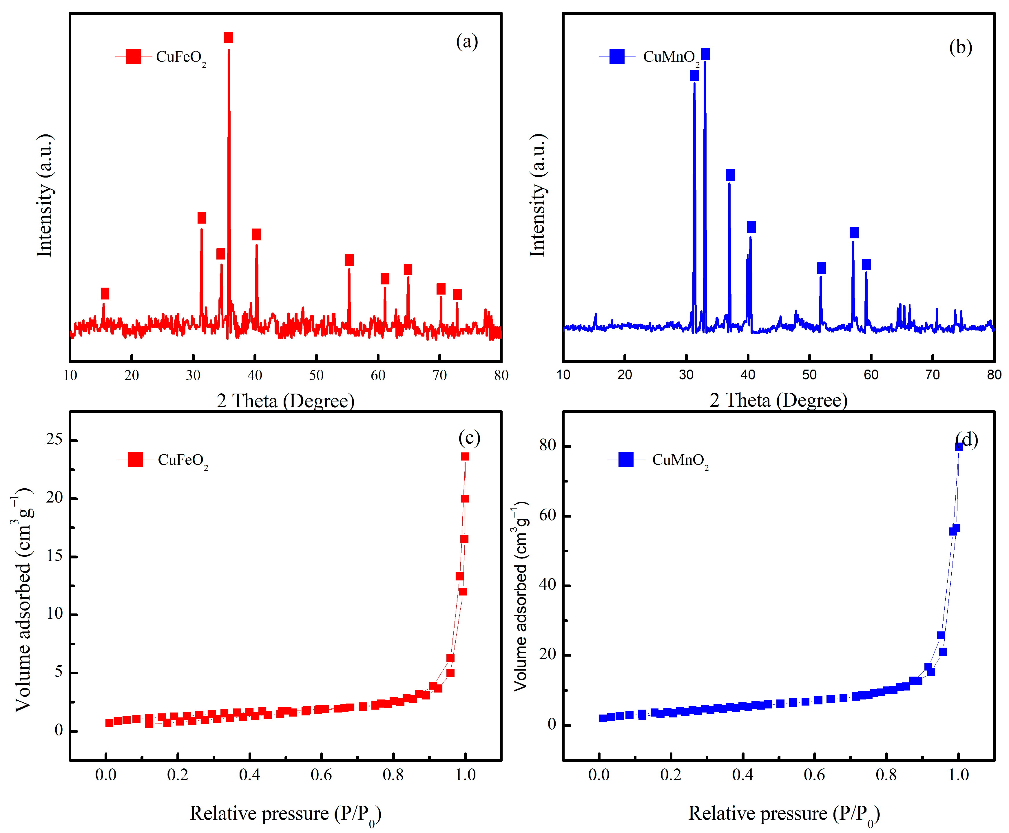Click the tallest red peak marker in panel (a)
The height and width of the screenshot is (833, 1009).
point(228,37)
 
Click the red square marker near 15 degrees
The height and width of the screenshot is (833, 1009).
point(105,293)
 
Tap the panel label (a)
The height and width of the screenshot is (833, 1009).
point(466,42)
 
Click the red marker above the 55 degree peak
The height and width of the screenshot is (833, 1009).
point(349,260)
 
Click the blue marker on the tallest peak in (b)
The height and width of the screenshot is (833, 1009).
point(705,54)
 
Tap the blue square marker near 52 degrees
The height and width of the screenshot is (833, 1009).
point(821,268)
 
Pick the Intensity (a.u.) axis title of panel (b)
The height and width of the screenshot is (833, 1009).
point(537,195)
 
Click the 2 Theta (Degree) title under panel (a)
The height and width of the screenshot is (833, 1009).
point(285,400)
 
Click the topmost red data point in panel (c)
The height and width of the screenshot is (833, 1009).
point(465,456)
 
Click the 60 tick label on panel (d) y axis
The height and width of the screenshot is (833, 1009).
point(547,515)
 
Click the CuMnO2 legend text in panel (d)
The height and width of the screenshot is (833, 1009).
point(680,461)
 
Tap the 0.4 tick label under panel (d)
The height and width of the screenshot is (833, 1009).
point(742,774)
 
